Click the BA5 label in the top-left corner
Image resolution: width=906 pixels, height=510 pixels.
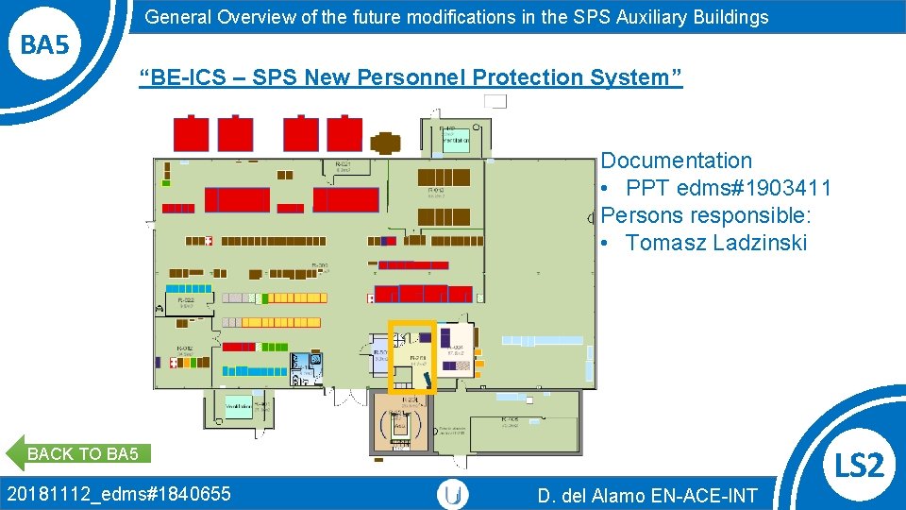[45, 44]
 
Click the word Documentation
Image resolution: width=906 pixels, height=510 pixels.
[677, 161]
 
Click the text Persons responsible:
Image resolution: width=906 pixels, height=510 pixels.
[706, 215]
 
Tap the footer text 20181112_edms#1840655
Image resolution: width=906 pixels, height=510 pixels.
[119, 493]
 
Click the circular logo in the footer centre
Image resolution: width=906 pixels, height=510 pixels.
[454, 494]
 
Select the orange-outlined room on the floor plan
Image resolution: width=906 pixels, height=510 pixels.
[412, 357]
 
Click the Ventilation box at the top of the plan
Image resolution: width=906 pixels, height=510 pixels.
[456, 140]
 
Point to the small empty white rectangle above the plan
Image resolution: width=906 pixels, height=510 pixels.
[495, 101]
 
